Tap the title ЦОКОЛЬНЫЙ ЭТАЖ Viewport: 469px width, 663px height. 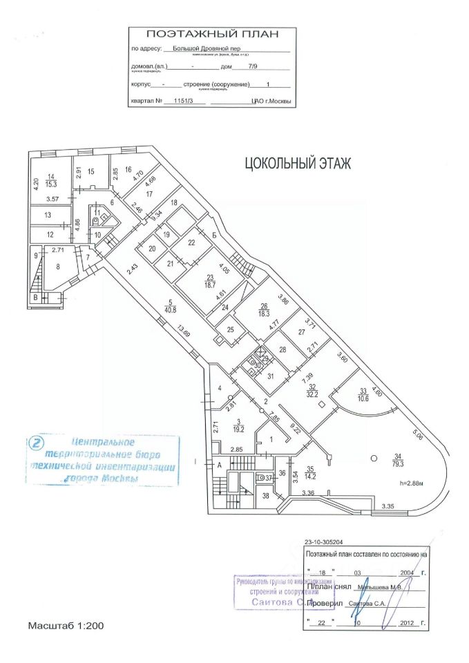[298, 164]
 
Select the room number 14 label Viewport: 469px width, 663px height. [50, 177]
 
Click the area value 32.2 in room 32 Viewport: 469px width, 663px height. [313, 394]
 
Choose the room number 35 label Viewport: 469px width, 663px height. [309, 469]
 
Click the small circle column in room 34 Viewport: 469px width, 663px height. [373, 457]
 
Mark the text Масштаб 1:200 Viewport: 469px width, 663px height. [66, 626]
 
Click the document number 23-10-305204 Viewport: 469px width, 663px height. [327, 543]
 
